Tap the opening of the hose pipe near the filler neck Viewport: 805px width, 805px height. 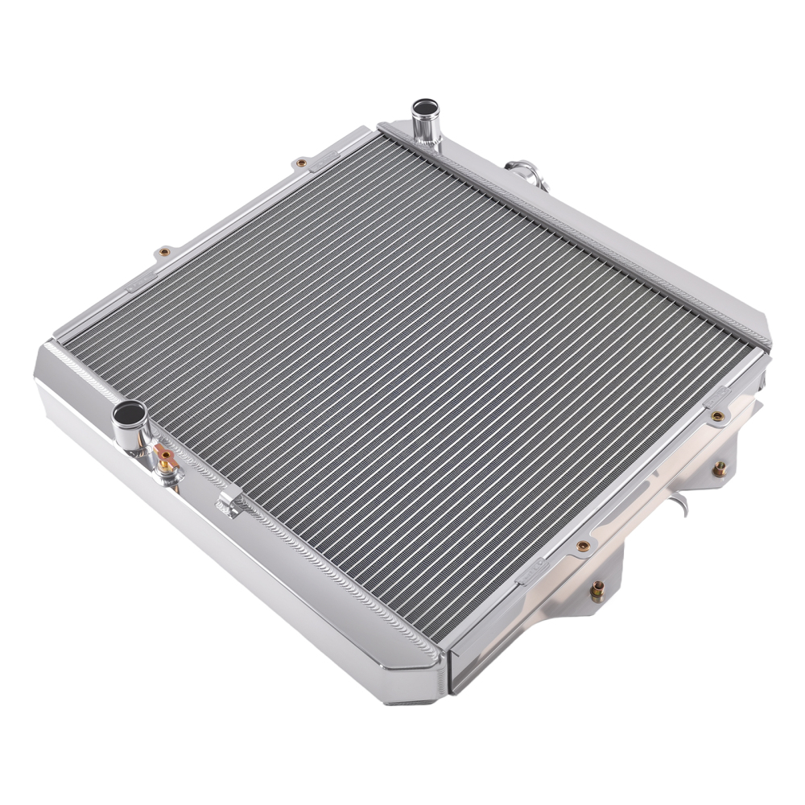(x=424, y=107)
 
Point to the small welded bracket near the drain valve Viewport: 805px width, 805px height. (x=231, y=504)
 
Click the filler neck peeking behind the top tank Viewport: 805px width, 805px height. (x=520, y=171)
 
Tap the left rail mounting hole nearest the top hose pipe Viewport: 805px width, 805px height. (x=302, y=163)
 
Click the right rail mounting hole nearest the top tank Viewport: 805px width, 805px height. (x=716, y=416)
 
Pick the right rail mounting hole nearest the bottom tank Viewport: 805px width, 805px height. (x=583, y=547)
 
